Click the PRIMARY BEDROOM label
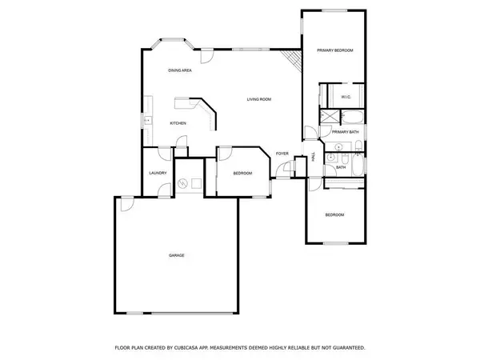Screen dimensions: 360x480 334,50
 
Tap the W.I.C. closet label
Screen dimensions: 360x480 346,97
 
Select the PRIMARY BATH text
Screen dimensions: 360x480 346,131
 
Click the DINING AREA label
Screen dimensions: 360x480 179,70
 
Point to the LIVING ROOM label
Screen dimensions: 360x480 258,99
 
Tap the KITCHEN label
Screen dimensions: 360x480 178,123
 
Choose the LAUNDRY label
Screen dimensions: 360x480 157,173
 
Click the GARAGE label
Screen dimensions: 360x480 176,255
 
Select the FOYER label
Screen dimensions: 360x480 282,153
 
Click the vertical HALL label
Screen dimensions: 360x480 313,157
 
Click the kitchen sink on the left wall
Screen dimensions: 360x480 147,120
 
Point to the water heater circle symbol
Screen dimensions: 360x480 186,184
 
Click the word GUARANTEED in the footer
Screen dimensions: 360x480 346,348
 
